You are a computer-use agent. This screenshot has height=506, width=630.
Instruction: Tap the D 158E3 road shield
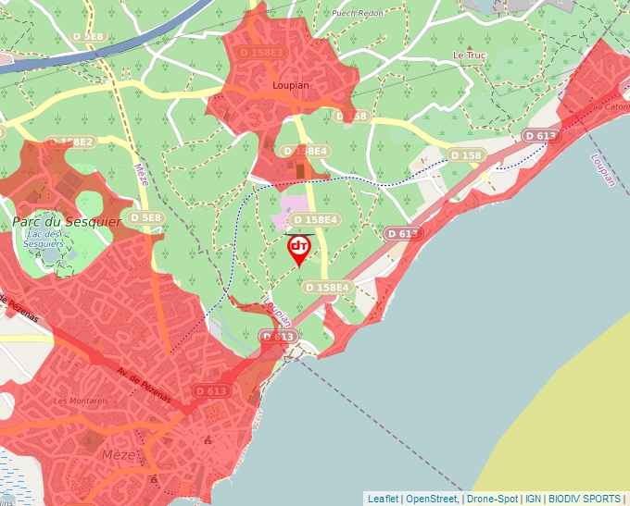[x=260, y=53]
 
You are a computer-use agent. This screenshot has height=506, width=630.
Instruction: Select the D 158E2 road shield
[x=70, y=142]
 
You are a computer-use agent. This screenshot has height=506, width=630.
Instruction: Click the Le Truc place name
[x=469, y=56]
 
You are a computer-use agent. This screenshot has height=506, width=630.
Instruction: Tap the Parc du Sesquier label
[x=55, y=222]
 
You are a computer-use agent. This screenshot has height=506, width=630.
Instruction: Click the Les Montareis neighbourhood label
[x=75, y=401]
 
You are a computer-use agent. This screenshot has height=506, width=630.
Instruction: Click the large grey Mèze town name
[x=119, y=456]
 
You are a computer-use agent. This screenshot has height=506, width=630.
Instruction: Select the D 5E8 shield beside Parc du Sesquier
[x=145, y=217]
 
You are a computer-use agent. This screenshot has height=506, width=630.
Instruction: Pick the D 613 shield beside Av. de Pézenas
[x=212, y=391]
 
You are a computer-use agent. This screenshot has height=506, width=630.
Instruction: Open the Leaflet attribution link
[x=383, y=499]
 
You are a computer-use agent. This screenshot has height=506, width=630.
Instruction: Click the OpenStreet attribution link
[x=431, y=499]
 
